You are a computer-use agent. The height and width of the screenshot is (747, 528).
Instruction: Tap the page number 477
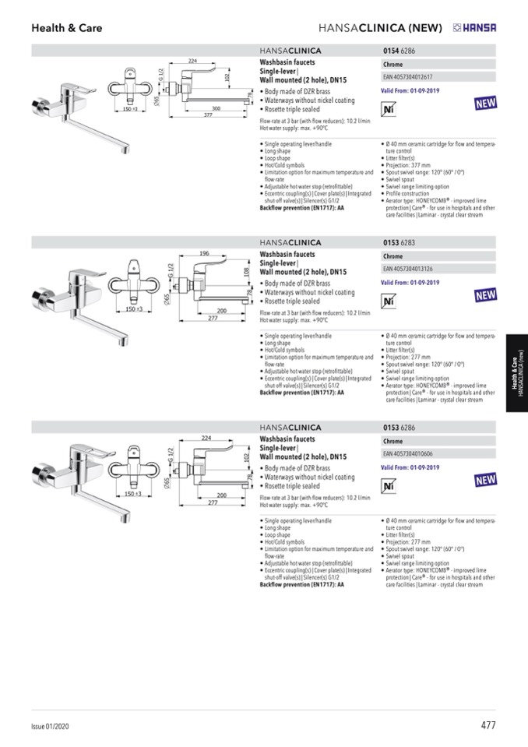pyautogui.click(x=488, y=725)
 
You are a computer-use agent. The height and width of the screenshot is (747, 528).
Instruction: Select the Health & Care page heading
pyautogui.click(x=66, y=28)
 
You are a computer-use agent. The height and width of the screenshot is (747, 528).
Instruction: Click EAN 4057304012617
pyautogui.click(x=408, y=77)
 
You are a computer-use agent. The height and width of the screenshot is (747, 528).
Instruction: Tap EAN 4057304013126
pyautogui.click(x=408, y=269)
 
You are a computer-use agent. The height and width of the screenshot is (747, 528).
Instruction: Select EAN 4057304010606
pyautogui.click(x=408, y=453)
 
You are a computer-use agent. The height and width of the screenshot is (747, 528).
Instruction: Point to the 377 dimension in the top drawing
pyautogui.click(x=208, y=115)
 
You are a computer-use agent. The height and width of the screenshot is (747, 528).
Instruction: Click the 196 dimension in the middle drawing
pyautogui.click(x=205, y=253)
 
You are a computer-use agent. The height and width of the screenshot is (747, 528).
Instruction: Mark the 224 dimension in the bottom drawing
pyautogui.click(x=206, y=438)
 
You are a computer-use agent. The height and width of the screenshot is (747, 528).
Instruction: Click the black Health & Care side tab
pyautogui.click(x=516, y=379)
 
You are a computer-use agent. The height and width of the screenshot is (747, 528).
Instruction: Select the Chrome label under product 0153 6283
pyautogui.click(x=393, y=256)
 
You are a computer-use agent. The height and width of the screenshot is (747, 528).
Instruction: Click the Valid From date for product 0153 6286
pyautogui.click(x=410, y=467)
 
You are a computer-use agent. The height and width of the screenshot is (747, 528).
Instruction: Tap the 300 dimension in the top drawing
pyautogui.click(x=216, y=108)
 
